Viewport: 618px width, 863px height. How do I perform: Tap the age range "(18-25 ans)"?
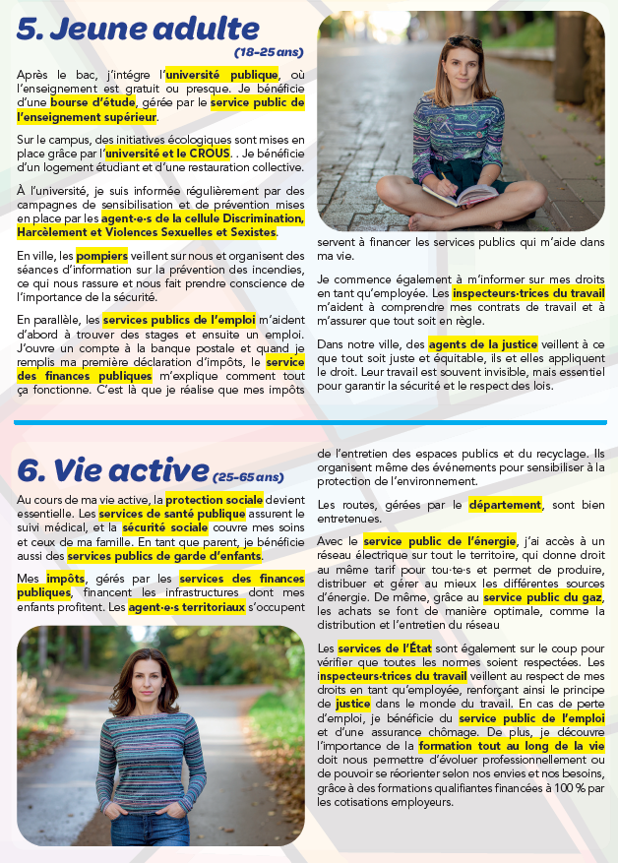pyautogui.click(x=269, y=51)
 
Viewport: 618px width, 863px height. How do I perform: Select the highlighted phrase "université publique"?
pyautogui.click(x=221, y=74)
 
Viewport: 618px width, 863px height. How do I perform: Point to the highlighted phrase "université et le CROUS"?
pyautogui.click(x=168, y=154)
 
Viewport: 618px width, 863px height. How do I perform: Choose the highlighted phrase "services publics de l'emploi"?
pyautogui.click(x=164, y=320)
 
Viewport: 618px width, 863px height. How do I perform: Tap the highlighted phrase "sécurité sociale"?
pyautogui.click(x=157, y=527)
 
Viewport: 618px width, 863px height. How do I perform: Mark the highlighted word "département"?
pyautogui.click(x=505, y=505)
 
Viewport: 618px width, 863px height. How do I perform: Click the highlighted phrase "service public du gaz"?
pyautogui.click(x=543, y=597)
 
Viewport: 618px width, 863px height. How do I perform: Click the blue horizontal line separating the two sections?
pyautogui.click(x=309, y=422)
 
